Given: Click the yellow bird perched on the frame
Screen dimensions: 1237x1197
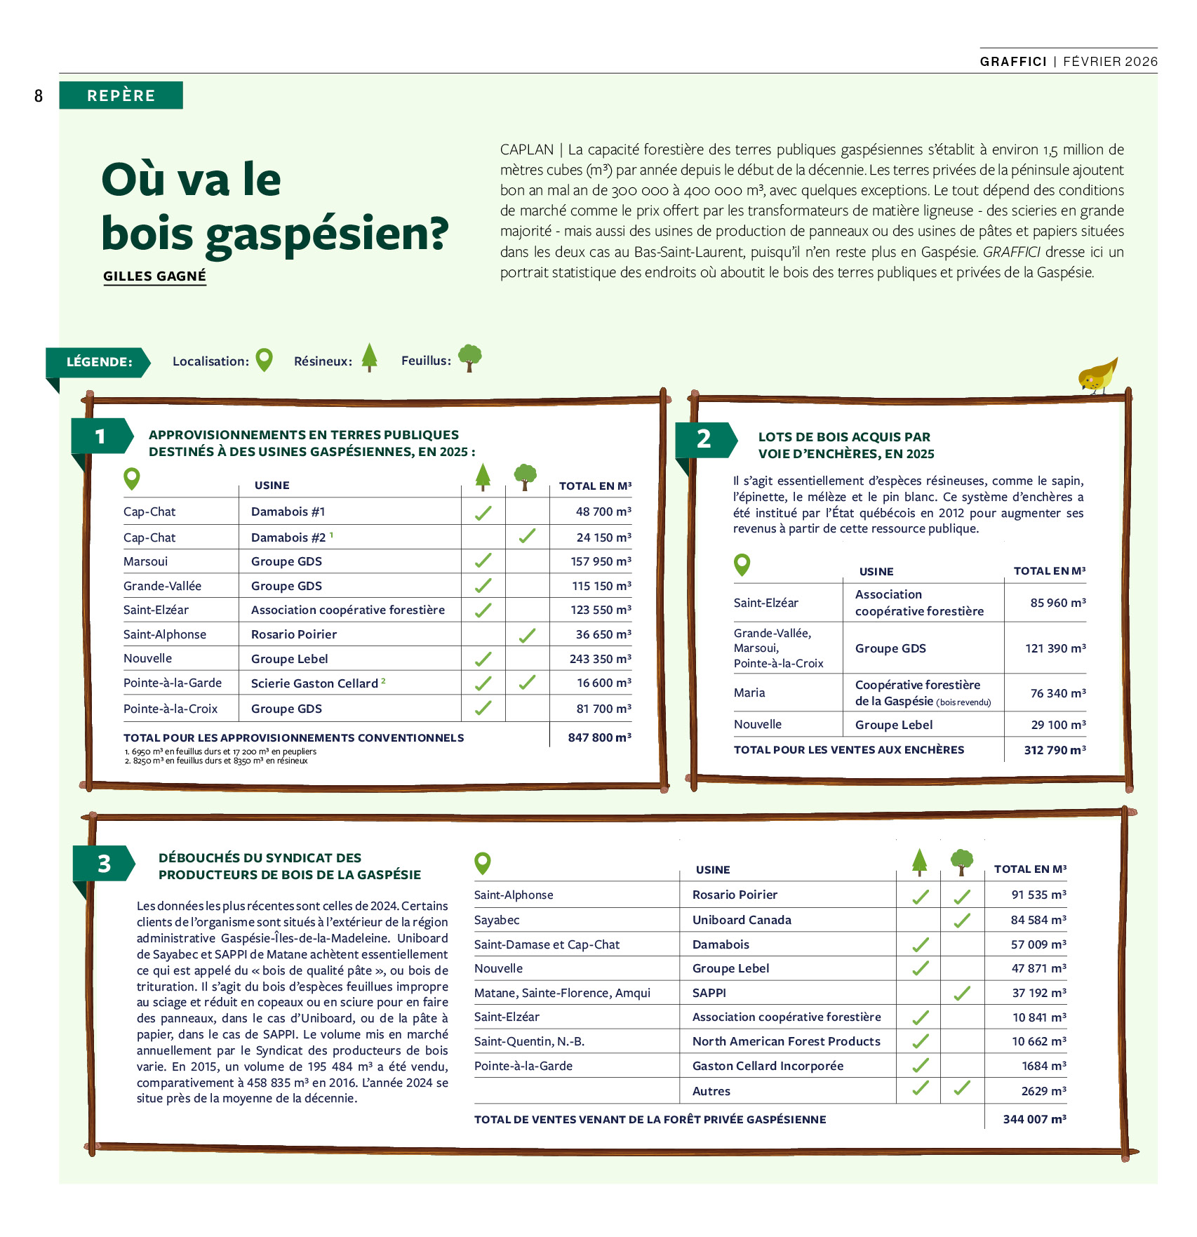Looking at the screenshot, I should pyautogui.click(x=1097, y=376).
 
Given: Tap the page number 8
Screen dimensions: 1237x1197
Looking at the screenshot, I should pyautogui.click(x=39, y=96).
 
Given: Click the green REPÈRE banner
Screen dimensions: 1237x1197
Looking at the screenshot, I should pyautogui.click(x=121, y=95).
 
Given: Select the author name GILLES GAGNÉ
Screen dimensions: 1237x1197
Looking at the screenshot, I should pyautogui.click(x=154, y=276).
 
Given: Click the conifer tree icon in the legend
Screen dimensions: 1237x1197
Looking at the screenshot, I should pyautogui.click(x=369, y=357).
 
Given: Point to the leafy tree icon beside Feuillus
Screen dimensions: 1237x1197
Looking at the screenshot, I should pyautogui.click(x=469, y=357).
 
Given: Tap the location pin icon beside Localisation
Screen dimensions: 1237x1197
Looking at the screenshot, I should pyautogui.click(x=264, y=360).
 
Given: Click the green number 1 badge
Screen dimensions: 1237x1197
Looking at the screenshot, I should pyautogui.click(x=100, y=436).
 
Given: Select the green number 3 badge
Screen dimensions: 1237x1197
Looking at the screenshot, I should pyautogui.click(x=104, y=864).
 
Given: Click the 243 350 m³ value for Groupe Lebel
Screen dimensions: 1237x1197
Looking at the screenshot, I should pyautogui.click(x=600, y=659).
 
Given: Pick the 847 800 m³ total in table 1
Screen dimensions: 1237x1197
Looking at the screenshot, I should pyautogui.click(x=599, y=737).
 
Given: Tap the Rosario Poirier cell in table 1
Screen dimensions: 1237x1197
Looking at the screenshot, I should pyautogui.click(x=294, y=634).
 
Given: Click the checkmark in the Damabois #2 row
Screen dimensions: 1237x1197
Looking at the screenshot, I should pyautogui.click(x=527, y=537).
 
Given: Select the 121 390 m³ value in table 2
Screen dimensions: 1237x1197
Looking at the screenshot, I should pyautogui.click(x=1055, y=648).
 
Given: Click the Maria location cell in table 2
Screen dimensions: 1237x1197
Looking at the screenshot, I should pyautogui.click(x=749, y=693).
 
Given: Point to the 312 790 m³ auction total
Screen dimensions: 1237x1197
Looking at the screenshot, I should pyautogui.click(x=1054, y=750).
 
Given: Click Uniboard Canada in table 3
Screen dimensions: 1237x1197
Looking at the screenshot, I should pyautogui.click(x=742, y=920).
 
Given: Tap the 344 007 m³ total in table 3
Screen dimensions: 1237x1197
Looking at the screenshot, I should pyautogui.click(x=1034, y=1119).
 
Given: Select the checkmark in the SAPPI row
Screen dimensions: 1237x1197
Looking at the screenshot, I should pyautogui.click(x=962, y=993).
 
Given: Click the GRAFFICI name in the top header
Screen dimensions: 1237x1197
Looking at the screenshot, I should pyautogui.click(x=1013, y=62).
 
